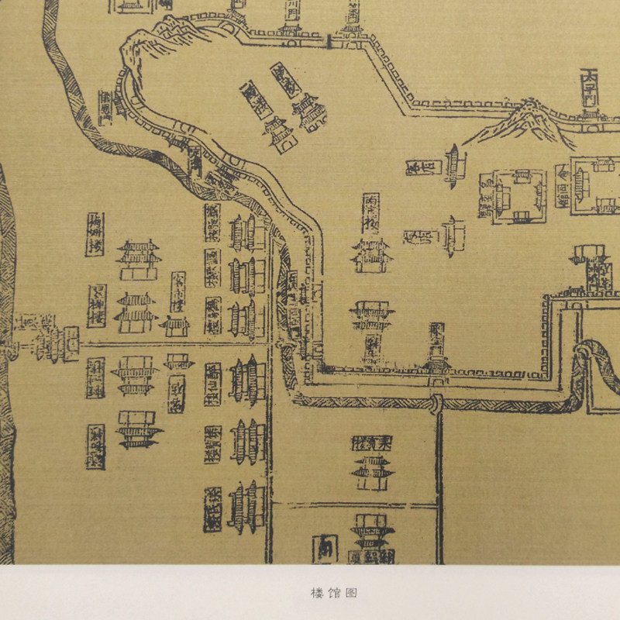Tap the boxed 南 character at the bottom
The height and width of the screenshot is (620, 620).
[325, 549]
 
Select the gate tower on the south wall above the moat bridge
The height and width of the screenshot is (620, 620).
[437, 364]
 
